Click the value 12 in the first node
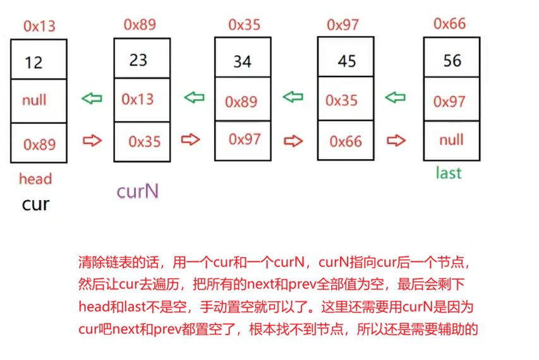coord(33,62)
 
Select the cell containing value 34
coord(242,61)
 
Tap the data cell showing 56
coord(452,60)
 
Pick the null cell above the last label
coord(451,140)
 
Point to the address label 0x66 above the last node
coord(449,23)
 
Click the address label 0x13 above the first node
coord(39,26)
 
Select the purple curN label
coord(136,191)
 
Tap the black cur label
coord(35,204)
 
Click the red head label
coord(35,179)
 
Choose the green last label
coord(449,172)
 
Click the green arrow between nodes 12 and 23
coord(92,99)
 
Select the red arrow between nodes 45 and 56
coord(396,140)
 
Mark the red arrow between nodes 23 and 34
coord(191,140)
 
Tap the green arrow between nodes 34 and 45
coord(293,97)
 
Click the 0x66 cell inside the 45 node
coord(346,141)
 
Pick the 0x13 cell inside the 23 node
coord(138,99)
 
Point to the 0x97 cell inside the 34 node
coord(245,139)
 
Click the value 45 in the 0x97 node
coord(347,61)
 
